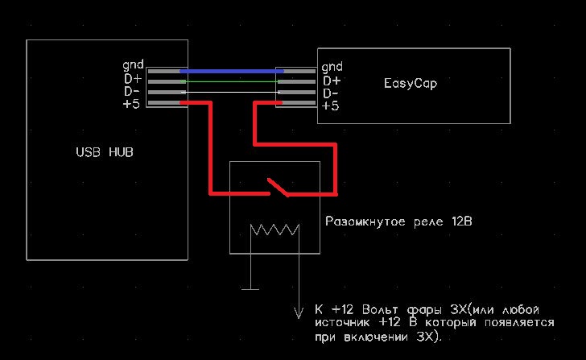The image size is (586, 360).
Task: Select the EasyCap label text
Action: click(x=411, y=83)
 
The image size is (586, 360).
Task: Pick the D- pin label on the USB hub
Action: click(x=131, y=91)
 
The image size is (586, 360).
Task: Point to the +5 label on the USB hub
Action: click(x=131, y=105)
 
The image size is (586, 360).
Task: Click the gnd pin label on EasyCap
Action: click(x=332, y=67)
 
